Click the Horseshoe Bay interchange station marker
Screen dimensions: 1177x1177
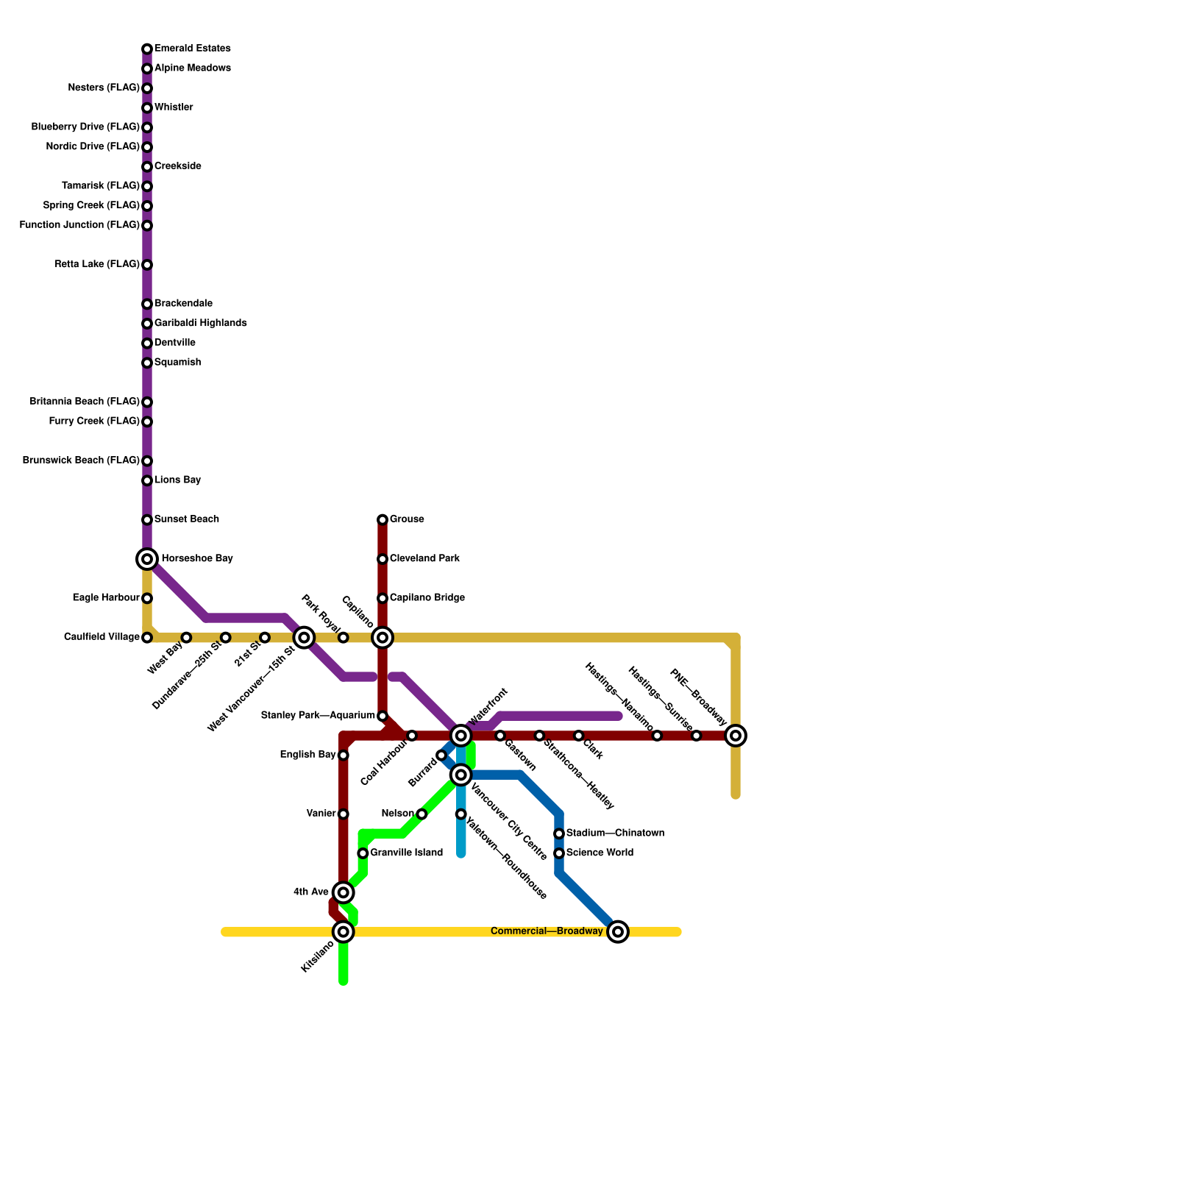[147, 559]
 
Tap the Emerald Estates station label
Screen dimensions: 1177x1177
[192, 49]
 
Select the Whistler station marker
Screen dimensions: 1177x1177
[147, 108]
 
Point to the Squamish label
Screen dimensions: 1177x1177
[177, 363]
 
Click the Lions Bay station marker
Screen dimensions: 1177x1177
[147, 481]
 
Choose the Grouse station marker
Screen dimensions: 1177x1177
[383, 520]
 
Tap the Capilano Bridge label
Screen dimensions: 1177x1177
[427, 598]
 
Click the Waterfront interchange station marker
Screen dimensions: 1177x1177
[461, 736]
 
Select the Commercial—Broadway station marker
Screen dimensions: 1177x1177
[619, 932]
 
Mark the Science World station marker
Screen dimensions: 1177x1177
[559, 853]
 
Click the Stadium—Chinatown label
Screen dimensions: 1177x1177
[615, 833]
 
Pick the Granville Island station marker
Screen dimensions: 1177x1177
[363, 853]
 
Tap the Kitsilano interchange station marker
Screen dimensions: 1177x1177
[344, 932]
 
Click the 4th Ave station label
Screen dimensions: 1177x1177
[311, 892]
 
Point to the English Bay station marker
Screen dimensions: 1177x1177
[344, 755]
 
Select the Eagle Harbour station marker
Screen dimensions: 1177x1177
[147, 598]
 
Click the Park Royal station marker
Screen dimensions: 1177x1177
[344, 638]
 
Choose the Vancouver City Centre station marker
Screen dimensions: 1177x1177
[461, 775]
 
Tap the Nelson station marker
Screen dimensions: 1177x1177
[422, 814]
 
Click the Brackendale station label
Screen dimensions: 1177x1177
[183, 304]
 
